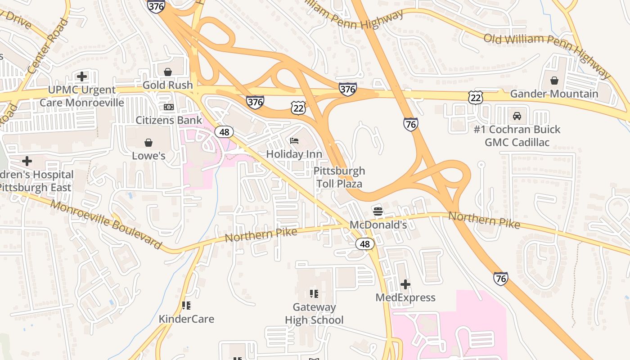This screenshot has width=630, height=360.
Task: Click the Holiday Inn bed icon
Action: tap(294, 141)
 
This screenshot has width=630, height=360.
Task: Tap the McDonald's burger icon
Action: tap(378, 211)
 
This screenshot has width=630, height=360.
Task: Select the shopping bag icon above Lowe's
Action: tap(148, 143)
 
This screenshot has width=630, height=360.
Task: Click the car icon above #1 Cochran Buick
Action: tap(517, 116)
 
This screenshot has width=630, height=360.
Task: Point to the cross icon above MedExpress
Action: tap(405, 284)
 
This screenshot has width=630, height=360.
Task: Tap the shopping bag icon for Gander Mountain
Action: tap(554, 81)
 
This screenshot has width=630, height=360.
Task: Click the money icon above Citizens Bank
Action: tap(169, 107)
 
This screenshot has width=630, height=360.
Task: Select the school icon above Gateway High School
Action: tap(314, 294)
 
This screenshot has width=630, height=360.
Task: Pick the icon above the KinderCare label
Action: tap(186, 306)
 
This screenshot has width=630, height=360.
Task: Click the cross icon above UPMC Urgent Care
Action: tap(81, 76)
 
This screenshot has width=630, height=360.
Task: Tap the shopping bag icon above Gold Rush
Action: tap(167, 72)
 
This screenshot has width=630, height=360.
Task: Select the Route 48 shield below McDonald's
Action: tap(365, 244)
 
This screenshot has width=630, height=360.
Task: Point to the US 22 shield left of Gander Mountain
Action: tap(475, 97)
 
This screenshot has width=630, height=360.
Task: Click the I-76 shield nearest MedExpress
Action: tap(500, 279)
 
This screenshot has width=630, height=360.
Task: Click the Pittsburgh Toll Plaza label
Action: tap(339, 177)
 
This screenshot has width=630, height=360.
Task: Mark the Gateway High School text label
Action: tap(314, 314)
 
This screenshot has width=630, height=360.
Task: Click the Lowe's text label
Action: tap(148, 156)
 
